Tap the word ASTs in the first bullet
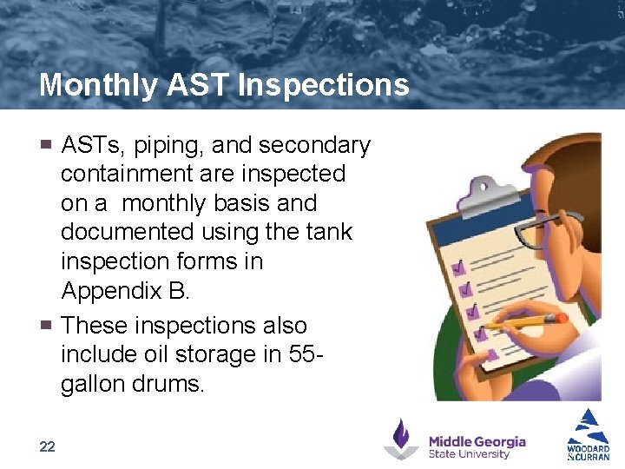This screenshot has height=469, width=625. [92, 145]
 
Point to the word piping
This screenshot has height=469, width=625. [170, 145]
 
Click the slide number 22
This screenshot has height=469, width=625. [47, 446]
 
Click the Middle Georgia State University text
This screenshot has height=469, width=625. [477, 447]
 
